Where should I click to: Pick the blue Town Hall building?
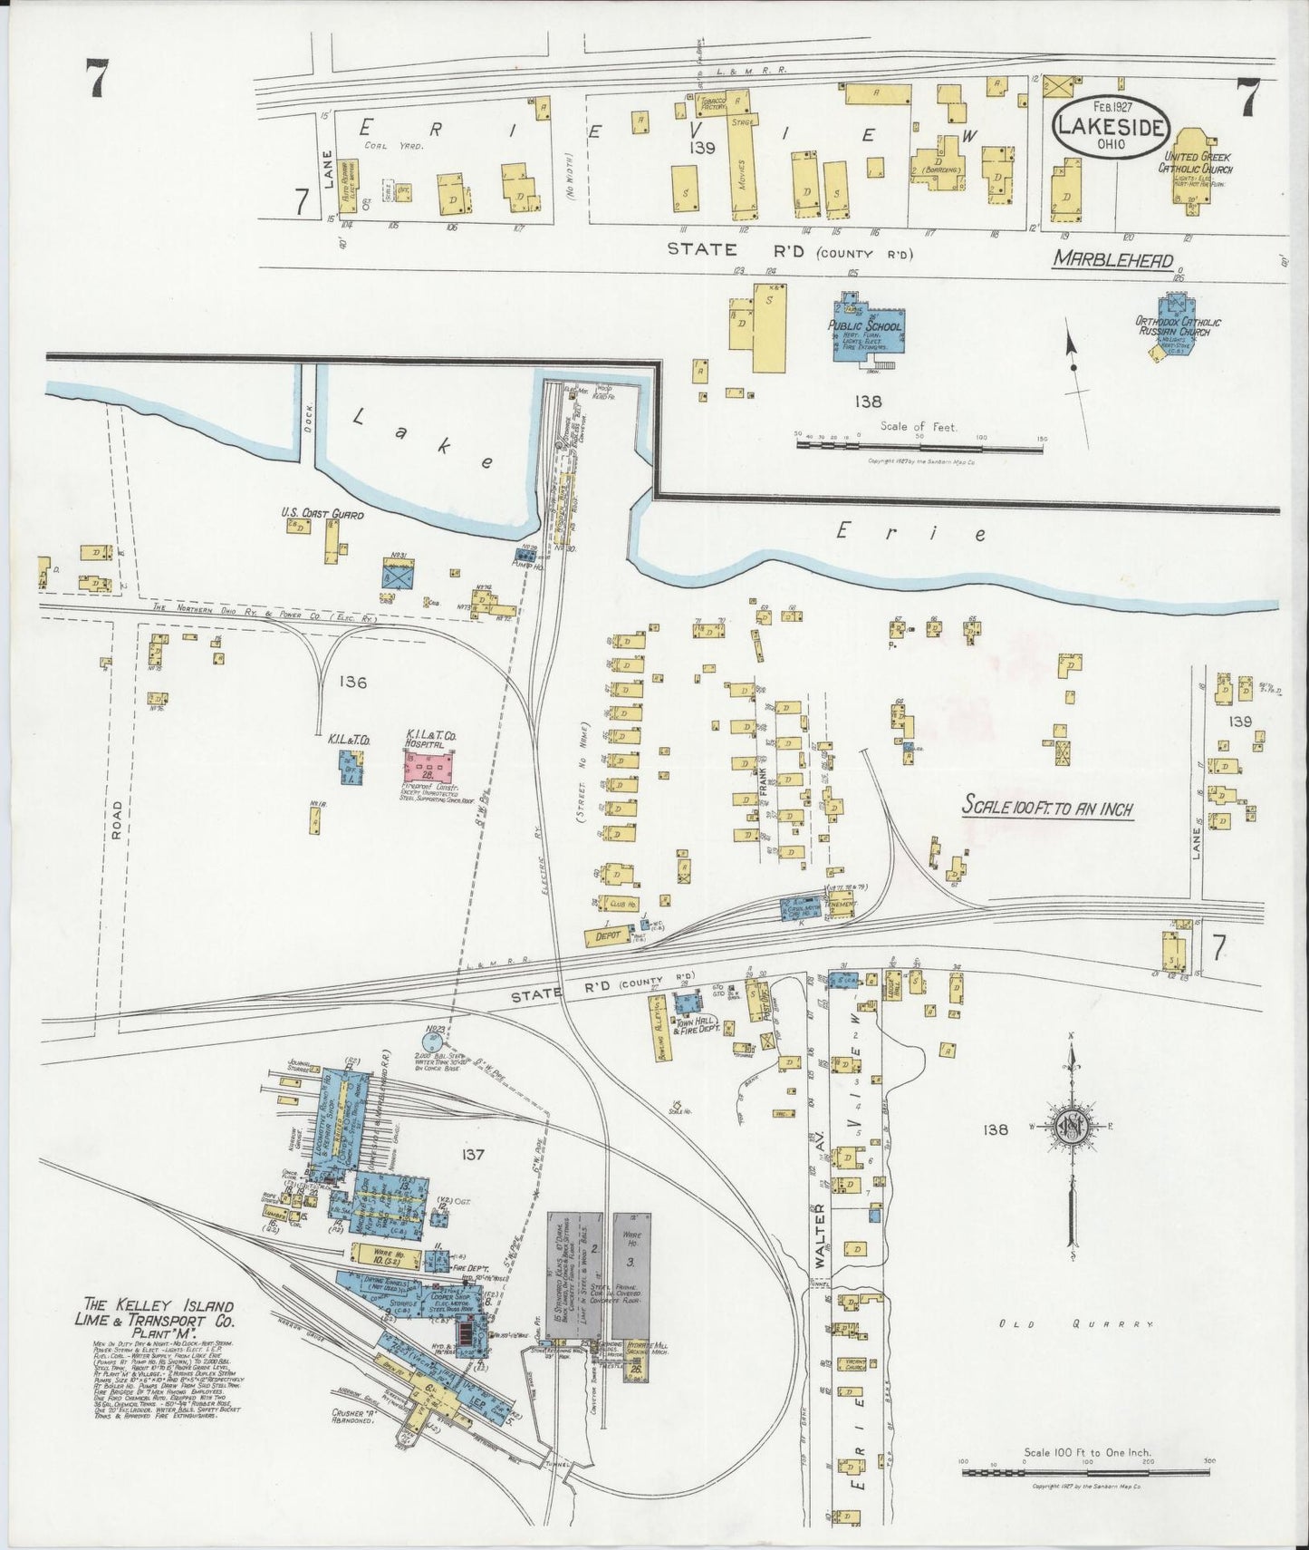pyautogui.click(x=689, y=1004)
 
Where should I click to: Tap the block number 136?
pyautogui.click(x=350, y=682)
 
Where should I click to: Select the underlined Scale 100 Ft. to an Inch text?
pyautogui.click(x=1047, y=806)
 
